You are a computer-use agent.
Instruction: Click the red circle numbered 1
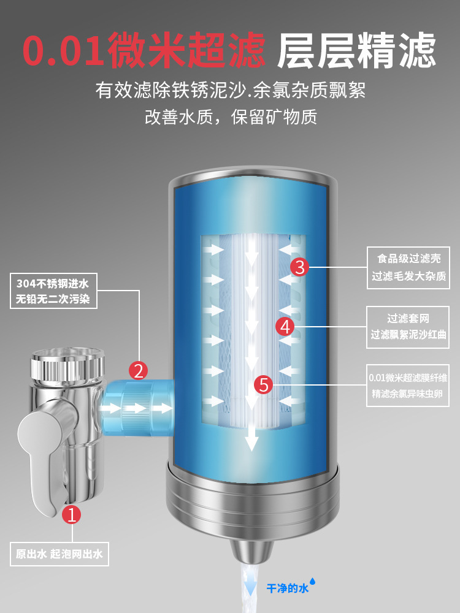tap(72, 514)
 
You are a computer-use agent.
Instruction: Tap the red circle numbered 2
tap(139, 370)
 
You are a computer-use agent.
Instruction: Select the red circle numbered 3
tap(299, 267)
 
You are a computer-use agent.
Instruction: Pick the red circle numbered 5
tap(264, 385)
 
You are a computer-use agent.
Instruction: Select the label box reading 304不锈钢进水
tap(53, 292)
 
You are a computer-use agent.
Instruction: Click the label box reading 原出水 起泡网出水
tap(59, 555)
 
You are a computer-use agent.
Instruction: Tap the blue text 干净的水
tap(286, 588)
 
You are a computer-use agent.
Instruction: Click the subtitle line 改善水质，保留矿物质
tap(231, 116)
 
